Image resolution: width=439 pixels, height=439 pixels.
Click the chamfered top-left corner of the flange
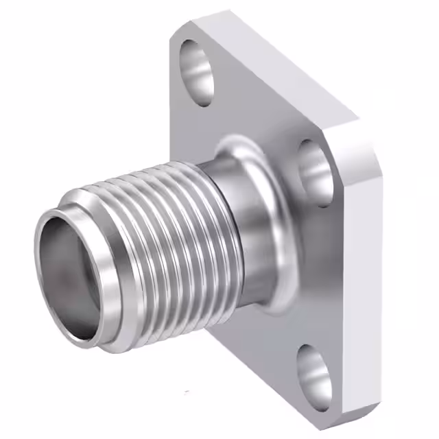tap(180, 29)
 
